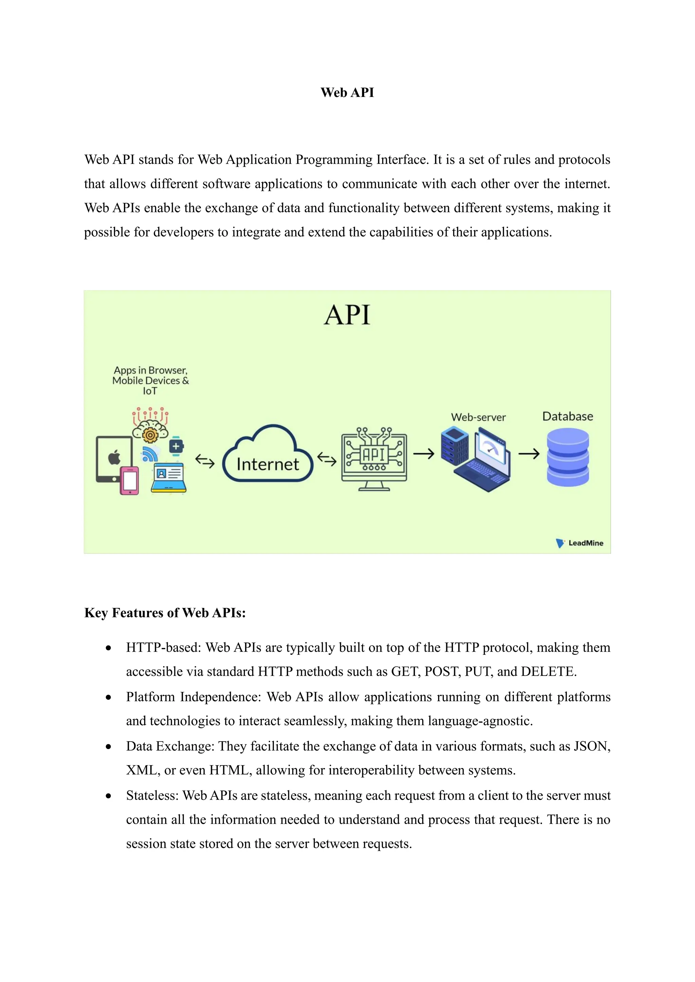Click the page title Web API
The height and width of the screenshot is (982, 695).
(x=347, y=92)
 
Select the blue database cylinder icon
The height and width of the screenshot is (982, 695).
(x=567, y=458)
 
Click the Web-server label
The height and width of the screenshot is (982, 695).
(x=478, y=417)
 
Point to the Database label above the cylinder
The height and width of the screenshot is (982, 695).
(x=567, y=417)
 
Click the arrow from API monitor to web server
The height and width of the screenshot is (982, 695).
(x=424, y=453)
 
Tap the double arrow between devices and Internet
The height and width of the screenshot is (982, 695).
(x=205, y=461)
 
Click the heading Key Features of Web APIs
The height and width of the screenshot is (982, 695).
(x=165, y=613)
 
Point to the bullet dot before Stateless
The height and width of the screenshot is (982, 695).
(x=109, y=796)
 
